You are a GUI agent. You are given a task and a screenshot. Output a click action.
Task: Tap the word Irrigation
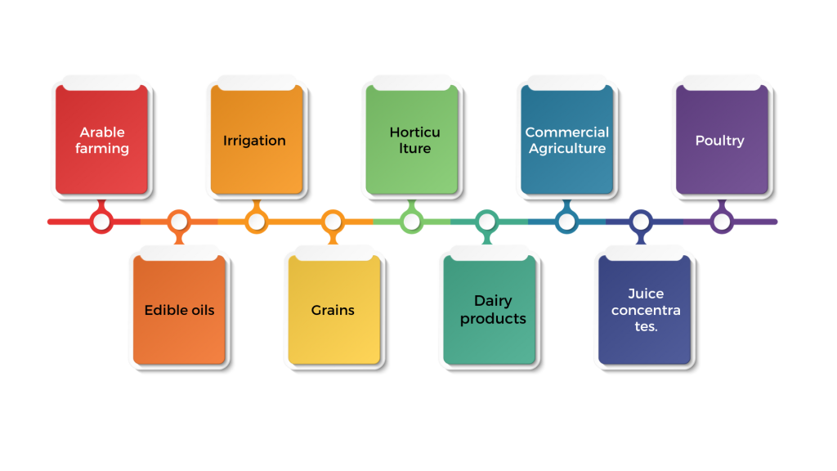tap(254, 141)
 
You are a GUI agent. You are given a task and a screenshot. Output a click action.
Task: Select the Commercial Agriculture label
tap(566, 140)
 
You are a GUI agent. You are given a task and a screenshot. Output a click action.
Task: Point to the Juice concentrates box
tap(646, 310)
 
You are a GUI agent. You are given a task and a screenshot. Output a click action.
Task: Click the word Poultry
tap(719, 141)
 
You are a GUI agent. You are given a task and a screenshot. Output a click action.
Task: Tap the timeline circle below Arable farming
tap(101, 222)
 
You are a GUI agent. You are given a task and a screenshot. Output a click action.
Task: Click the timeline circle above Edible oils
tap(178, 222)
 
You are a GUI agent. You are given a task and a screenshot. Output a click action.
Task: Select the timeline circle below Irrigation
tap(256, 222)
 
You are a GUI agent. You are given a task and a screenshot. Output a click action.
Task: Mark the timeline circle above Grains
tap(333, 222)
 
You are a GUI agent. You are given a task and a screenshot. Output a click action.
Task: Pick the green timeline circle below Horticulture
tap(411, 222)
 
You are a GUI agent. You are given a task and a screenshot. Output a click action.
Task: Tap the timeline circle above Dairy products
tap(487, 222)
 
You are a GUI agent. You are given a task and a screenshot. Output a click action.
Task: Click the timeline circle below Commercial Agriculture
tap(566, 222)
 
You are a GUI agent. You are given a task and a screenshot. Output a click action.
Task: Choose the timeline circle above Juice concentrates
tap(642, 222)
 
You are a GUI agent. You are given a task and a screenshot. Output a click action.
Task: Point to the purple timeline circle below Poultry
tap(721, 222)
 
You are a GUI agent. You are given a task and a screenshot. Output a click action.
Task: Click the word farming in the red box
tap(102, 149)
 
